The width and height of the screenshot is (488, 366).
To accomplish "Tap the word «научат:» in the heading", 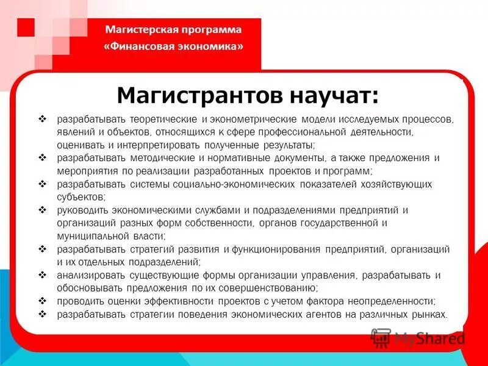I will (x=332, y=95).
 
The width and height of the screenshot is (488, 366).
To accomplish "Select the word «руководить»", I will (x=82, y=210).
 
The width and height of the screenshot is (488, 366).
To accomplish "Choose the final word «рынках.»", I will (x=431, y=315).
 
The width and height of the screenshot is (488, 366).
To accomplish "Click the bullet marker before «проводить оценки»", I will (x=43, y=301).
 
